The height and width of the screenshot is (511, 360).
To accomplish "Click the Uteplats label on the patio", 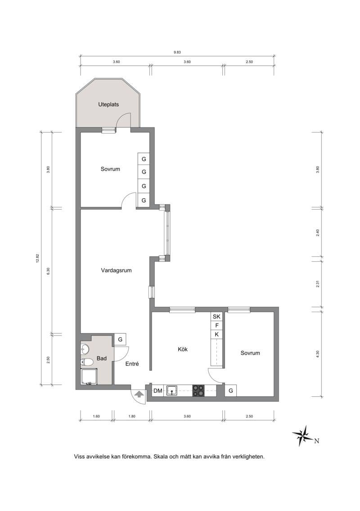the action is click(x=108, y=105).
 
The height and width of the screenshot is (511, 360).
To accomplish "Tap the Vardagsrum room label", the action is click(x=116, y=270).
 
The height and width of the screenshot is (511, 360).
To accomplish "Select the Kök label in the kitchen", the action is click(x=183, y=350).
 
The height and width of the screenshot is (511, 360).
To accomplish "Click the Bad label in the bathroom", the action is click(x=102, y=359).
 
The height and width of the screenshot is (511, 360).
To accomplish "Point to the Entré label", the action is click(x=132, y=364).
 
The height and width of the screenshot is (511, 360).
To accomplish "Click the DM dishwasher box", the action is click(x=158, y=391).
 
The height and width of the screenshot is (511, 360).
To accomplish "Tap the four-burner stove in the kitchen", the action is click(x=198, y=390).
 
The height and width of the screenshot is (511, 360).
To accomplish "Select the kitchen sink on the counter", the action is click(x=172, y=391).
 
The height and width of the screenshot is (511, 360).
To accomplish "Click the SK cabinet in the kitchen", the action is click(x=216, y=316).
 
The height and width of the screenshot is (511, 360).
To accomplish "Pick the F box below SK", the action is click(x=216, y=325).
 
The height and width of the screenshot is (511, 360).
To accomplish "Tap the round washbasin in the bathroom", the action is click(x=85, y=350).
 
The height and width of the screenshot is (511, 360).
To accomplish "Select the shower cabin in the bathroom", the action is click(x=89, y=377).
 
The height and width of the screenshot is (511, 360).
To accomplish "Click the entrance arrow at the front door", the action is click(x=139, y=394).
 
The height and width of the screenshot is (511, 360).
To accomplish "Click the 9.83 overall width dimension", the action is click(x=177, y=52).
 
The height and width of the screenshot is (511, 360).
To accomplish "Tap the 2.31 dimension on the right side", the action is click(x=318, y=284).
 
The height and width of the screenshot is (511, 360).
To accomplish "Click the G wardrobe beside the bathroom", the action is click(x=120, y=339).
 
